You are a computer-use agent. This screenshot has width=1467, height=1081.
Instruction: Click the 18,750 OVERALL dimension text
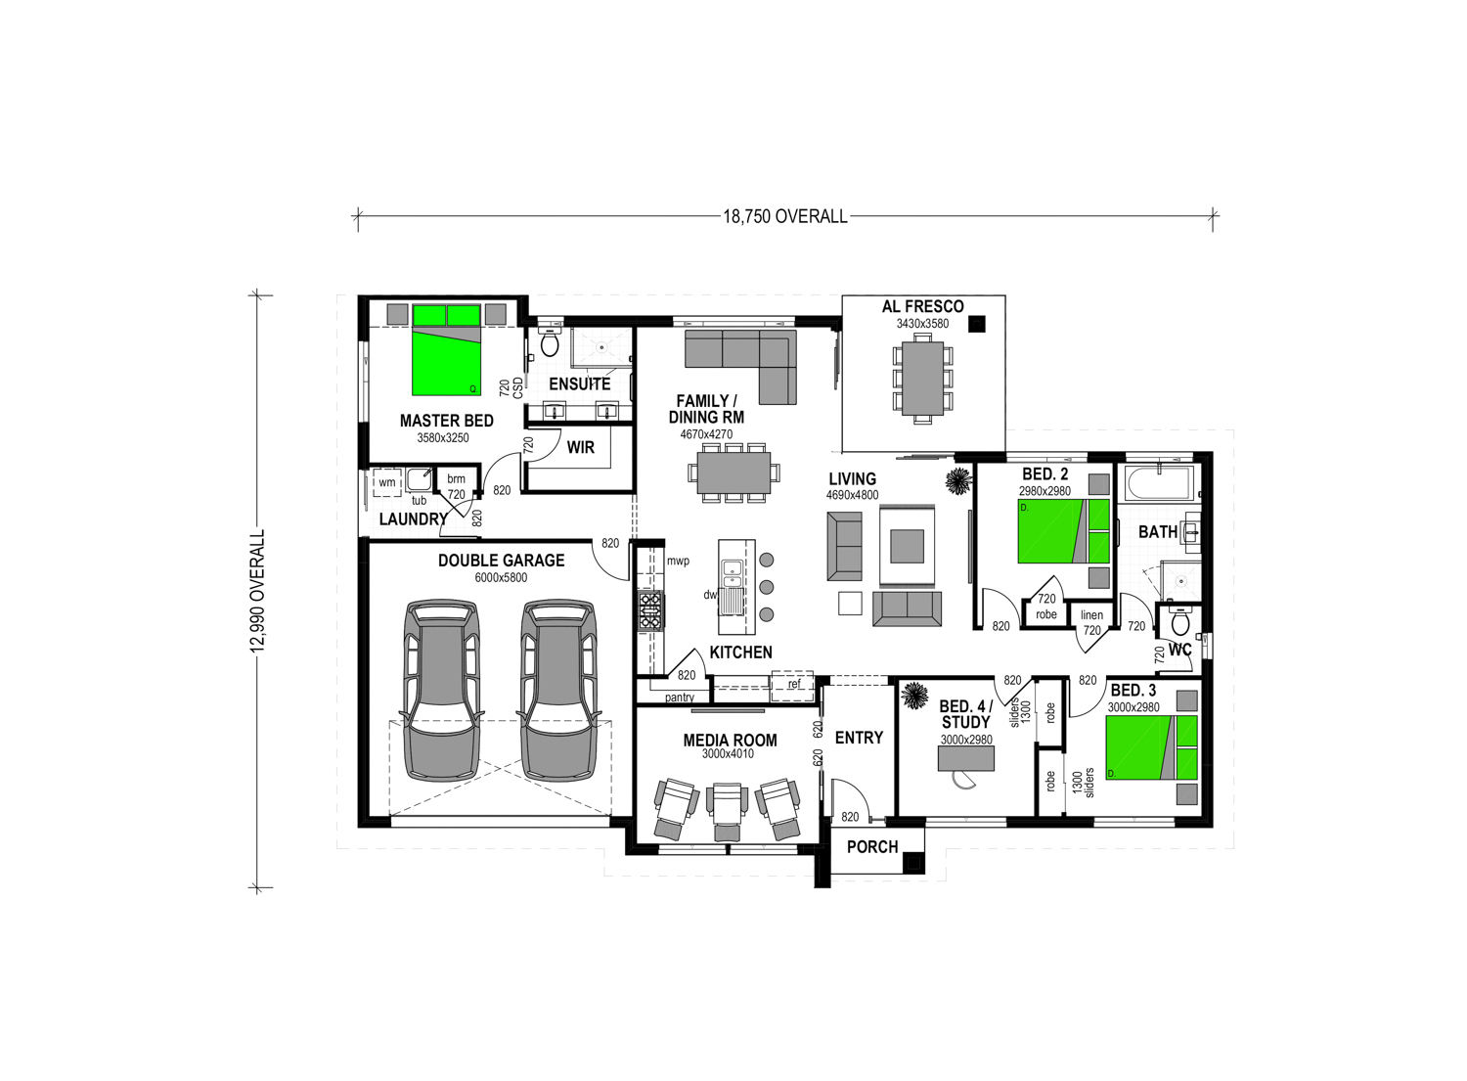pos(784,216)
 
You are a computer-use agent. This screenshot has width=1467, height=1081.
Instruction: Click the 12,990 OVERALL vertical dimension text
pos(257,591)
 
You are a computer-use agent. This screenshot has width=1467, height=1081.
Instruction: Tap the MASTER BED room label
pos(447,421)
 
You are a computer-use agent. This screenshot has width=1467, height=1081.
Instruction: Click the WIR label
pos(580,447)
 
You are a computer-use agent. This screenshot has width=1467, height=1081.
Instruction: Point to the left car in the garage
pos(442,690)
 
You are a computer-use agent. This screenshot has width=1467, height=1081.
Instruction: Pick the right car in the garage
pos(559,690)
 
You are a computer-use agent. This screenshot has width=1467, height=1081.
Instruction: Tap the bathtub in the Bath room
pos(1160,482)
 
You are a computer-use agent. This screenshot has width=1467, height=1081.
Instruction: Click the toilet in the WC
pos(1180,621)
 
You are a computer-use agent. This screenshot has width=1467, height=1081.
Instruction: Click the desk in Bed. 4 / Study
pos(966,758)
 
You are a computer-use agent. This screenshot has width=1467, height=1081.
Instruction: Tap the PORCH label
pos(872,847)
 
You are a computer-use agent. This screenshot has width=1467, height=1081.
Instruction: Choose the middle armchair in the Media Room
pos(727,810)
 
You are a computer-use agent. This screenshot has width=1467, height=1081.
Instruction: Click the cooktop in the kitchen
pos(650,611)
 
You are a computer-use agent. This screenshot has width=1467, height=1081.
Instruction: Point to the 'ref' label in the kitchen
pos(794,684)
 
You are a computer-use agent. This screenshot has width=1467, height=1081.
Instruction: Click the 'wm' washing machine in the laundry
pos(387,483)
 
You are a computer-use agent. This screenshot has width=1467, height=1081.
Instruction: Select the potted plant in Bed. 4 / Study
pos(913,696)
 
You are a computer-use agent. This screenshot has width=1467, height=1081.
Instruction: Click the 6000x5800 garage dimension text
pos(501,578)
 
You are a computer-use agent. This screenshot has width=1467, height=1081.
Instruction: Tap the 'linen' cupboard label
pos(1091,614)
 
